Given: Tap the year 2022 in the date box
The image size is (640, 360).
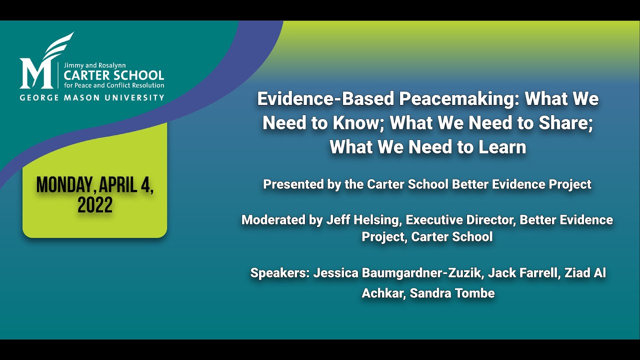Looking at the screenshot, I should point(95,205).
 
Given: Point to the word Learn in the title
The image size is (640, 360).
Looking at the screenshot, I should point(501,147).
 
